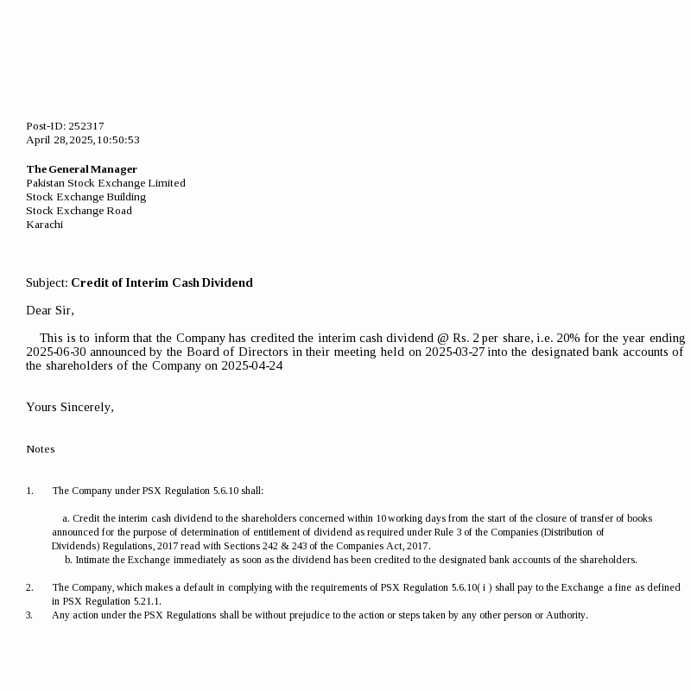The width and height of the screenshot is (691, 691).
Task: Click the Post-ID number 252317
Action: [x=86, y=126]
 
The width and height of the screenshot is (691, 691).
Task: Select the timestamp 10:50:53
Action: [x=118, y=140]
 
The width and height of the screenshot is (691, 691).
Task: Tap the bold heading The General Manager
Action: [x=81, y=169]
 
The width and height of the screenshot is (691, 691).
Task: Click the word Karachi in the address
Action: [x=44, y=225]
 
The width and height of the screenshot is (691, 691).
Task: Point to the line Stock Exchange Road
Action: [x=79, y=211]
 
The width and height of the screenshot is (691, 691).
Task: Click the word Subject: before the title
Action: [x=47, y=282]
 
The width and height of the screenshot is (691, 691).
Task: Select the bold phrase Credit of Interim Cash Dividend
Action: [x=162, y=282]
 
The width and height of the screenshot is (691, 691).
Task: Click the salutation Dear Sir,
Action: [x=50, y=310]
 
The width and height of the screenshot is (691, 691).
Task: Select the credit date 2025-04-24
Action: [x=252, y=365]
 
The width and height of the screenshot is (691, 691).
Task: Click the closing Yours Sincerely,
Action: [x=70, y=407]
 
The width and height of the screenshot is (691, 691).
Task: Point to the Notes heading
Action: [x=40, y=449]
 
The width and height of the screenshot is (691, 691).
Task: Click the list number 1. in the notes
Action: [x=29, y=491]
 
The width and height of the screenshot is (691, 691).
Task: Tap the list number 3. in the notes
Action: [x=29, y=615]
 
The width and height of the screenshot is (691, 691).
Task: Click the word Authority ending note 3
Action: [x=566, y=615]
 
